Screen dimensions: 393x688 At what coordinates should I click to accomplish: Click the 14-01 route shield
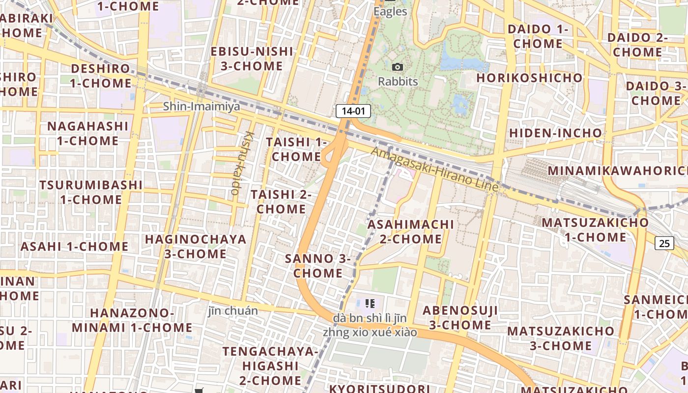(353, 111)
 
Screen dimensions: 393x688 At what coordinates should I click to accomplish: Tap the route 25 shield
(664, 243)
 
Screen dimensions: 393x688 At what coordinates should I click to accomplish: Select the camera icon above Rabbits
(398, 67)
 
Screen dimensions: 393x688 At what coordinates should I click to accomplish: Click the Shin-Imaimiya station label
(201, 106)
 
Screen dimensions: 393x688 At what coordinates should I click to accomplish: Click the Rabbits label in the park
(398, 82)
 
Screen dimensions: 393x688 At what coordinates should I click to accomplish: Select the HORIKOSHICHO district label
(529, 78)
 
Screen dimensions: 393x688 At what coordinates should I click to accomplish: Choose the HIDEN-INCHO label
(555, 133)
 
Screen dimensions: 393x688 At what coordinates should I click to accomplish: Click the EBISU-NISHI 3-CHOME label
(252, 58)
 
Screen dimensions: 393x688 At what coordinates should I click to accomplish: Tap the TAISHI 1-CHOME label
(296, 149)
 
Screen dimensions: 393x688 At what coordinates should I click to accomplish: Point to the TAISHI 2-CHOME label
(281, 201)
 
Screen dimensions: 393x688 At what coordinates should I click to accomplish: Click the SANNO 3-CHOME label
(318, 266)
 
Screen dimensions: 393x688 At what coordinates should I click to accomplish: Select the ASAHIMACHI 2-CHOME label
(411, 231)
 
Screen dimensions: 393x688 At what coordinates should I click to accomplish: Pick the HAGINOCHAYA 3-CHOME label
(196, 247)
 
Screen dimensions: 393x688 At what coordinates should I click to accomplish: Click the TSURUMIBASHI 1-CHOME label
(91, 192)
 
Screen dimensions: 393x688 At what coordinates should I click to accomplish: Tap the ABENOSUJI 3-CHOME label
(460, 317)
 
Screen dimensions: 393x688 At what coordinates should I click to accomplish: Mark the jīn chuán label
(232, 310)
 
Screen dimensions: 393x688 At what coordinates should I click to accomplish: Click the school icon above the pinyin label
(371, 303)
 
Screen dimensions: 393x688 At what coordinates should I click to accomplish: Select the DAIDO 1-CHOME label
(538, 36)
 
